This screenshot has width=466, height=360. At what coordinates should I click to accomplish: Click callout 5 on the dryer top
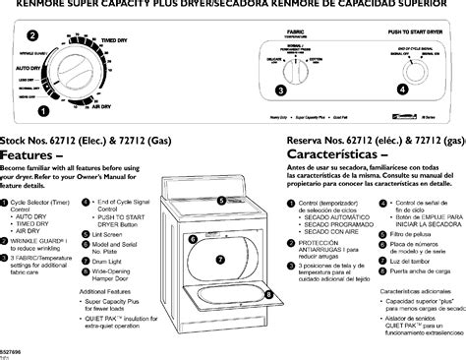(222, 201)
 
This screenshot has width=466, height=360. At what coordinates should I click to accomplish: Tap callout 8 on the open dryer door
(268, 293)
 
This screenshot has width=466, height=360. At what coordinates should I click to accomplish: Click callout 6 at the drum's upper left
(194, 239)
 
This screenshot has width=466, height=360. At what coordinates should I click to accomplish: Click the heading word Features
(33, 155)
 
